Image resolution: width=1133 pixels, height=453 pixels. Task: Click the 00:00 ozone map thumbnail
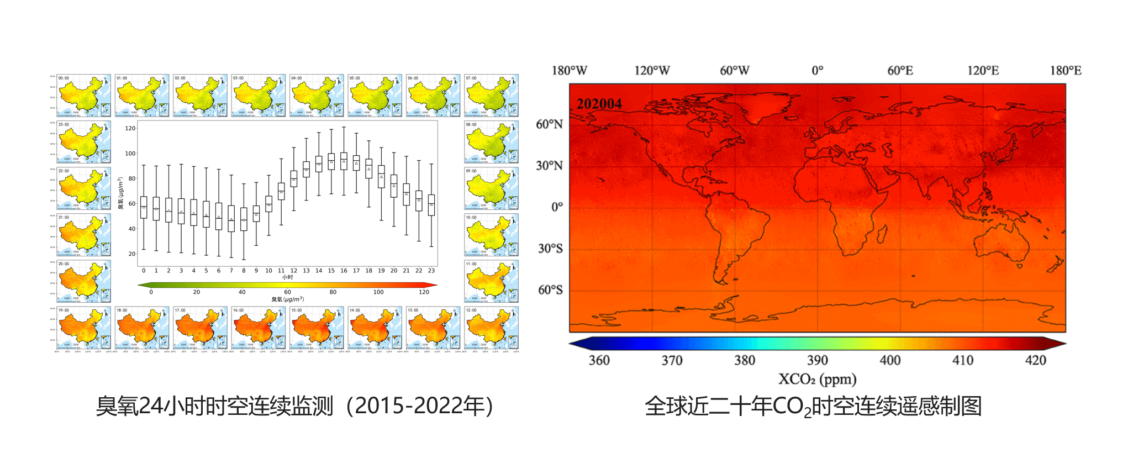point(83,96)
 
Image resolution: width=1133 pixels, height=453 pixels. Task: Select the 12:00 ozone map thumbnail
point(491,328)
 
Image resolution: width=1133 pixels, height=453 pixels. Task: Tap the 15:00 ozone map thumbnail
point(317,328)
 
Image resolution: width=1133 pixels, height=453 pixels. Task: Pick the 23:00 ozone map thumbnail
point(83,142)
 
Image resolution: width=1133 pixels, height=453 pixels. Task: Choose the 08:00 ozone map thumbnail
point(491,142)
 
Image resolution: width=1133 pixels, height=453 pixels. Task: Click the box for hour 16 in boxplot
point(344,161)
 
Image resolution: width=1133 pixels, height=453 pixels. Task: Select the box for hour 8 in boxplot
point(244,219)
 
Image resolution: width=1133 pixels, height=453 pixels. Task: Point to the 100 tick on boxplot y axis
point(130,154)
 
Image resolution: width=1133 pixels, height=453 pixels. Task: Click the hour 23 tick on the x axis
point(431,271)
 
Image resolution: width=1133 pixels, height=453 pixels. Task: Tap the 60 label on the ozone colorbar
point(287,292)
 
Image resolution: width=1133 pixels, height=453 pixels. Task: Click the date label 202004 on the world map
point(599,104)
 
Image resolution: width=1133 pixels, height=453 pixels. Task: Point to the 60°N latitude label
point(549,124)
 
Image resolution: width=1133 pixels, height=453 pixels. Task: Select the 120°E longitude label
point(983,71)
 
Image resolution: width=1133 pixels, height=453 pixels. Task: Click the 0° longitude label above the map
point(817,71)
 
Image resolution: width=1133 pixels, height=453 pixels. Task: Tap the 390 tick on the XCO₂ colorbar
point(817,360)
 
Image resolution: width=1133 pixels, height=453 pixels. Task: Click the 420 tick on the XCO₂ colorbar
point(1035,360)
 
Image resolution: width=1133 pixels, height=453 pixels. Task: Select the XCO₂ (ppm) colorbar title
point(817,379)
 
